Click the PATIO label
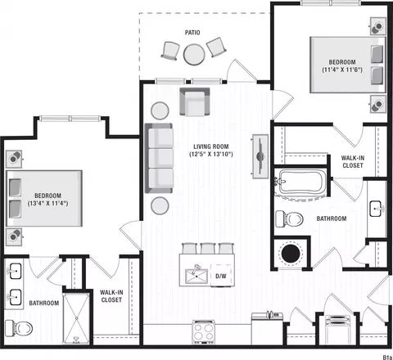192,33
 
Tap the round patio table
194,55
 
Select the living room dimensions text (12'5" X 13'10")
211,155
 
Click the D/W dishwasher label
221,276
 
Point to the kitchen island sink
196,276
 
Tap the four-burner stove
204,332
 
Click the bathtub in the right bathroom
300,182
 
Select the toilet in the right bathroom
289,218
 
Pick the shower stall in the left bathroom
76,317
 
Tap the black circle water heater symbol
291,254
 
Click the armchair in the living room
195,102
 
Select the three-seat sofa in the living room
159,158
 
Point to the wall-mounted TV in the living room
260,156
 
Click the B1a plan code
387,357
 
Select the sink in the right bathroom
377,209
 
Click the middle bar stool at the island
208,249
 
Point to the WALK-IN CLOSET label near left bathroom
111,296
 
